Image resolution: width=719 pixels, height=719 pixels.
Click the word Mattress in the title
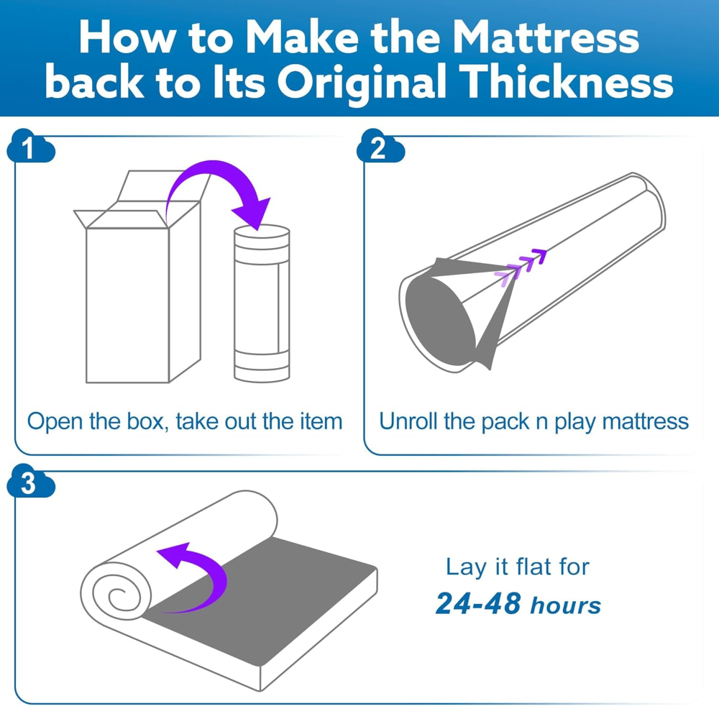point(546,37)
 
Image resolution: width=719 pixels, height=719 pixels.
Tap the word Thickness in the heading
point(566,82)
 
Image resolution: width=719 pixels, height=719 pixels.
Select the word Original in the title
point(362,84)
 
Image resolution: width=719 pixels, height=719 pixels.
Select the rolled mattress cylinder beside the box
point(262,303)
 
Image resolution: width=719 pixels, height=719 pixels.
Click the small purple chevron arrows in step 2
point(521,265)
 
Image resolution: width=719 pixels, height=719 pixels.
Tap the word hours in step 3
point(565,605)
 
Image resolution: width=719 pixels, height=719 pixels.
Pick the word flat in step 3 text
point(533,567)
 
